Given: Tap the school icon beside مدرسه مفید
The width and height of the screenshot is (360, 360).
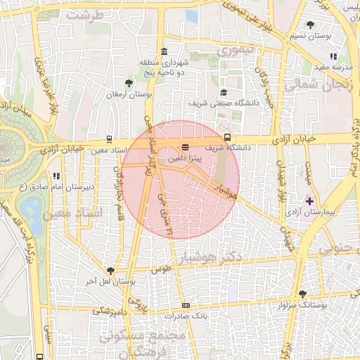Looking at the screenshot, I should [333, 57].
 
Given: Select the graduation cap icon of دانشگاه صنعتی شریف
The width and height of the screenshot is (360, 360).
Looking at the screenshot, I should [224, 93].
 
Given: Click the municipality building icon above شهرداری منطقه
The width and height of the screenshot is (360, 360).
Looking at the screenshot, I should [164, 51].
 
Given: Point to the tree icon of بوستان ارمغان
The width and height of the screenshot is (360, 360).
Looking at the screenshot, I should [127, 84].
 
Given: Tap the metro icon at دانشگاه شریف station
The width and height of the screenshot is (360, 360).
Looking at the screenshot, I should [227, 138].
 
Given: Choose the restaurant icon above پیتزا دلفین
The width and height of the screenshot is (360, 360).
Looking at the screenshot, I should [184, 147].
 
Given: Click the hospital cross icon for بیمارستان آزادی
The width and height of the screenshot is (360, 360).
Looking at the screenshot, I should [309, 201].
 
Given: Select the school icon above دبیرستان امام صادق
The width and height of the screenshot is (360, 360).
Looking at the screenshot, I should [56, 176].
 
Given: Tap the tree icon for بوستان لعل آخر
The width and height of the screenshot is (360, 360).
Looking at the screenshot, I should [110, 271].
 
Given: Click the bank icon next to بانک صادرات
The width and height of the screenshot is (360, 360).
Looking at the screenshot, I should [186, 305].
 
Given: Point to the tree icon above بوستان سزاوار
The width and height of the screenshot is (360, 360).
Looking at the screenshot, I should [302, 295].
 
